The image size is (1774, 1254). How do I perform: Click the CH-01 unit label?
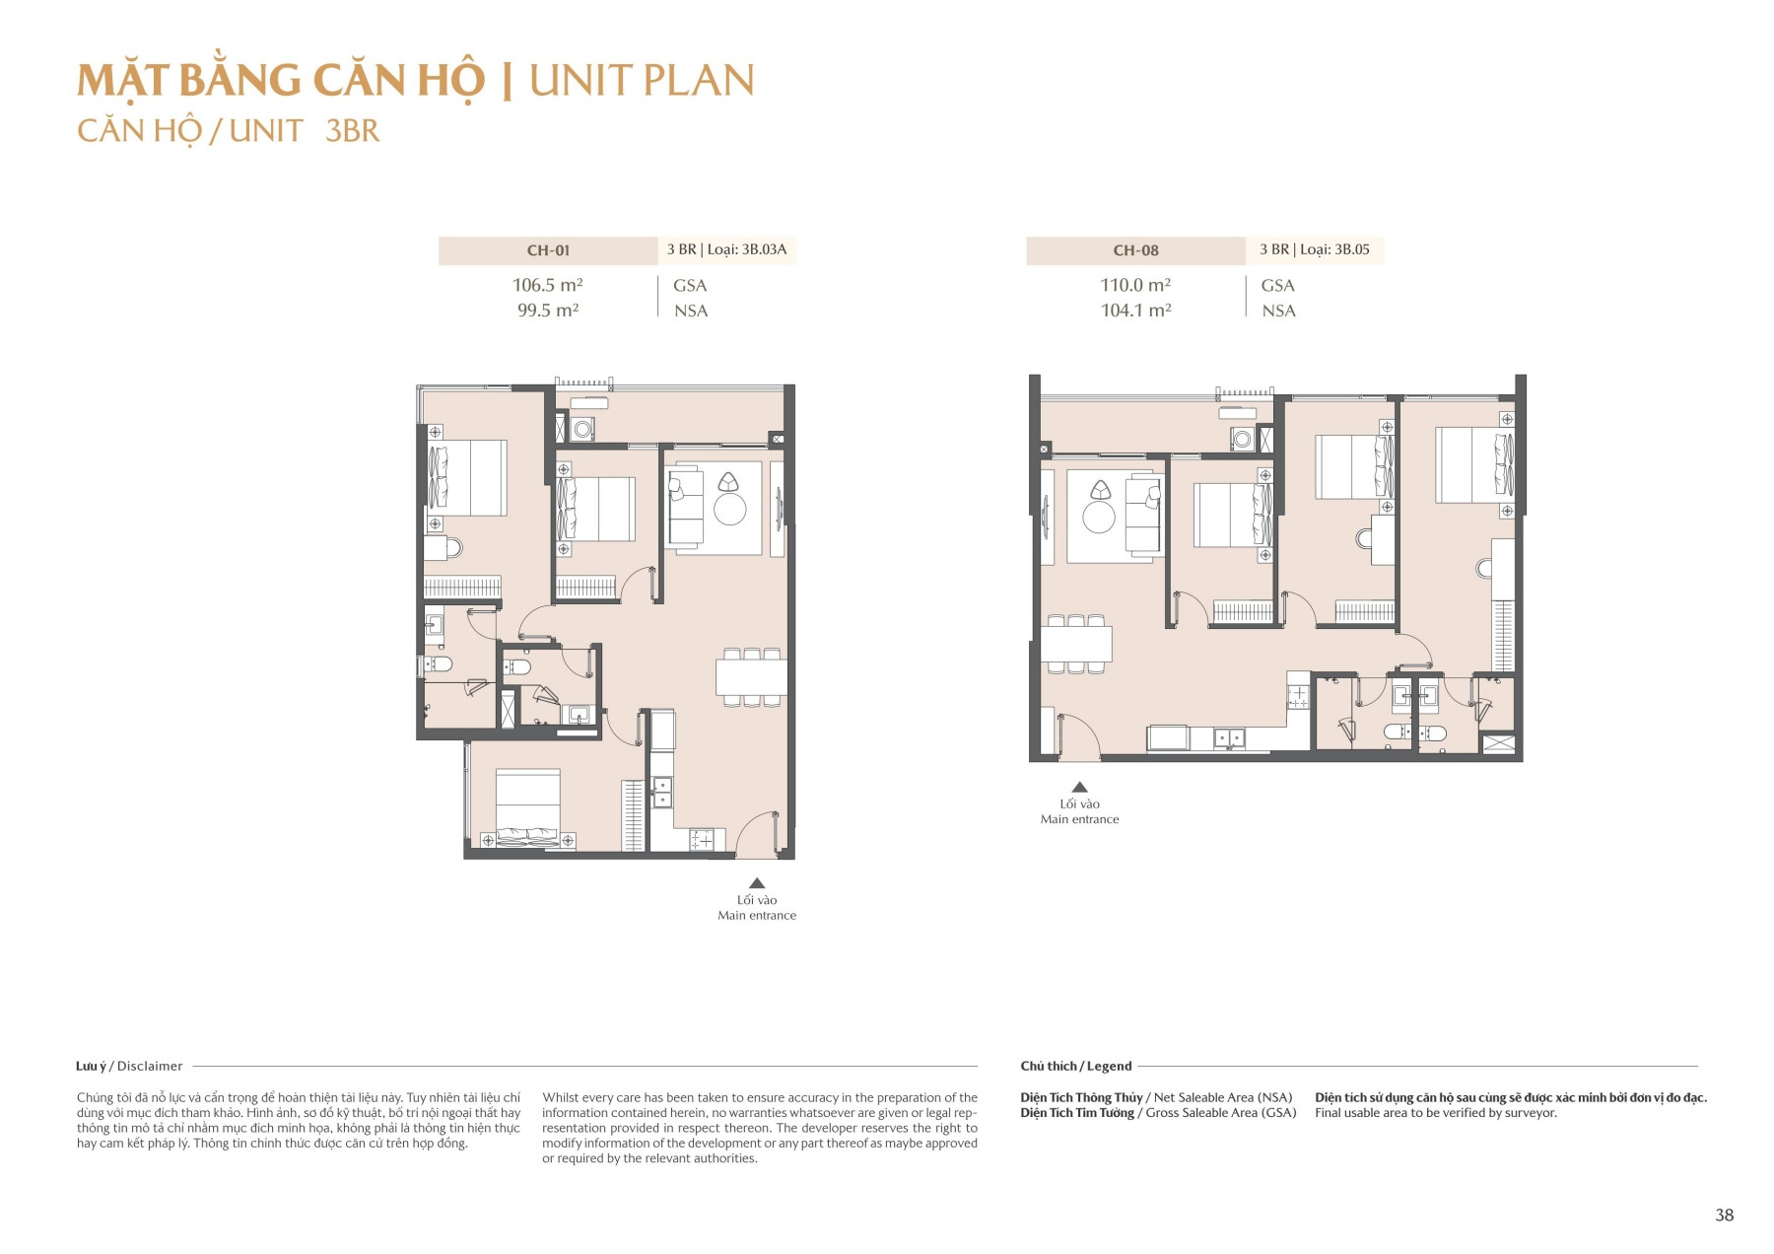pos(548,250)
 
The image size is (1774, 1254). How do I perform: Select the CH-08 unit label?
pos(1135,250)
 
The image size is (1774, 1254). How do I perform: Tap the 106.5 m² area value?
pos(547,285)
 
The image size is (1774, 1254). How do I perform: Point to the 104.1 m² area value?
pos(1135,310)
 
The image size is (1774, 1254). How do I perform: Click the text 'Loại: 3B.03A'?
pos(747,249)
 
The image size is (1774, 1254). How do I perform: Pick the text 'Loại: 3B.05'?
pos(1334,249)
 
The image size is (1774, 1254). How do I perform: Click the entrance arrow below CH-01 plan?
pos(757,883)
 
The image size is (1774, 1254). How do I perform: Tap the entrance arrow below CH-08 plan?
pos(1079,787)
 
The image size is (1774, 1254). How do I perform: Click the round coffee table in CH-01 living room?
pos(730,509)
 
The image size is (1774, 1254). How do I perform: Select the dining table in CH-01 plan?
pos(751,677)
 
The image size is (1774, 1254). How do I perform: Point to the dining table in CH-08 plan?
pos(1076,644)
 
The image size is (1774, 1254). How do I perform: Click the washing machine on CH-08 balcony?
pos(1242,439)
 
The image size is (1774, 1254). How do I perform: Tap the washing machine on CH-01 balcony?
pos(582,429)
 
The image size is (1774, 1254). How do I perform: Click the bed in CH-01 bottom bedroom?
pos(527,808)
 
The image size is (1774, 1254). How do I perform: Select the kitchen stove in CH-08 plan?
pos(1299,695)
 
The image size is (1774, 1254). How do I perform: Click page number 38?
pos(1724,1215)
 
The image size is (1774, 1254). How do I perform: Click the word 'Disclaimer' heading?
pos(150,1066)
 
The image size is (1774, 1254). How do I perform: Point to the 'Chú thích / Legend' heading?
pos(1075,1066)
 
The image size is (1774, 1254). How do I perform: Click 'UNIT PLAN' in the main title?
pos(642,80)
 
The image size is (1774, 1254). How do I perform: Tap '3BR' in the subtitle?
pos(352,131)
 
